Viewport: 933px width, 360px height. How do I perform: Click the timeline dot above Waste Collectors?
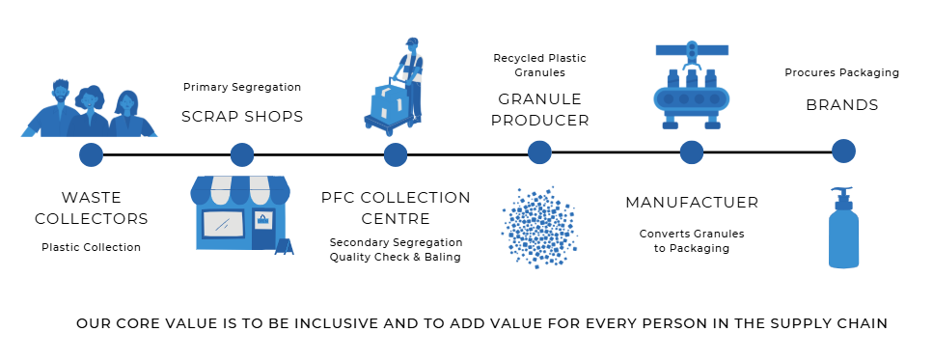[x=91, y=154]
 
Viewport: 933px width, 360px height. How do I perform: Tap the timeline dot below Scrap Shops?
[x=241, y=154]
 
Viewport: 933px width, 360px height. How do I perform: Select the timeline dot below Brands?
[x=843, y=152]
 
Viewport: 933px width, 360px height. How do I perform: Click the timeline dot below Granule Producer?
[x=539, y=152]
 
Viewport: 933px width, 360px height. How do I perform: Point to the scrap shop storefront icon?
[x=241, y=214]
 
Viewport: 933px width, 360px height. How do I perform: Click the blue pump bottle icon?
[x=843, y=228]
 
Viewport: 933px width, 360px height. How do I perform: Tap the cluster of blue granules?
[x=539, y=228]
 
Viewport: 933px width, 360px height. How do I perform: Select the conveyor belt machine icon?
[x=692, y=85]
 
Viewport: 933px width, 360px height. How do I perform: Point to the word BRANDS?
[x=842, y=105]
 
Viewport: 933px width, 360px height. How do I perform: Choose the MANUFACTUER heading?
[x=692, y=203]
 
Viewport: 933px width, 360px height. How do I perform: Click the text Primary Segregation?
[x=242, y=88]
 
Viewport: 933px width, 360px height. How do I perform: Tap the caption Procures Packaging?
[x=841, y=72]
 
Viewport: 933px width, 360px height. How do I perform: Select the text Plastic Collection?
[x=91, y=247]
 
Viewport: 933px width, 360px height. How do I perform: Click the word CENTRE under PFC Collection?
[x=396, y=219]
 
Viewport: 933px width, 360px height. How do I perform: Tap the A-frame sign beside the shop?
[x=285, y=246]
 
